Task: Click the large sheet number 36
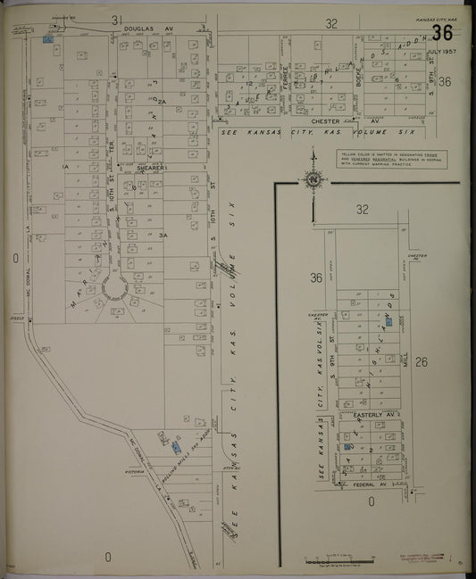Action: tap(442, 34)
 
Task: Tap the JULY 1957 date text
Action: tap(442, 52)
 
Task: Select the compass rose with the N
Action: tap(313, 179)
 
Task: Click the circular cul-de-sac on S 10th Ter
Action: tap(116, 288)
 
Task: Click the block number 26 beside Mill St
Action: tap(422, 362)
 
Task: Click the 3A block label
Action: tap(163, 234)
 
